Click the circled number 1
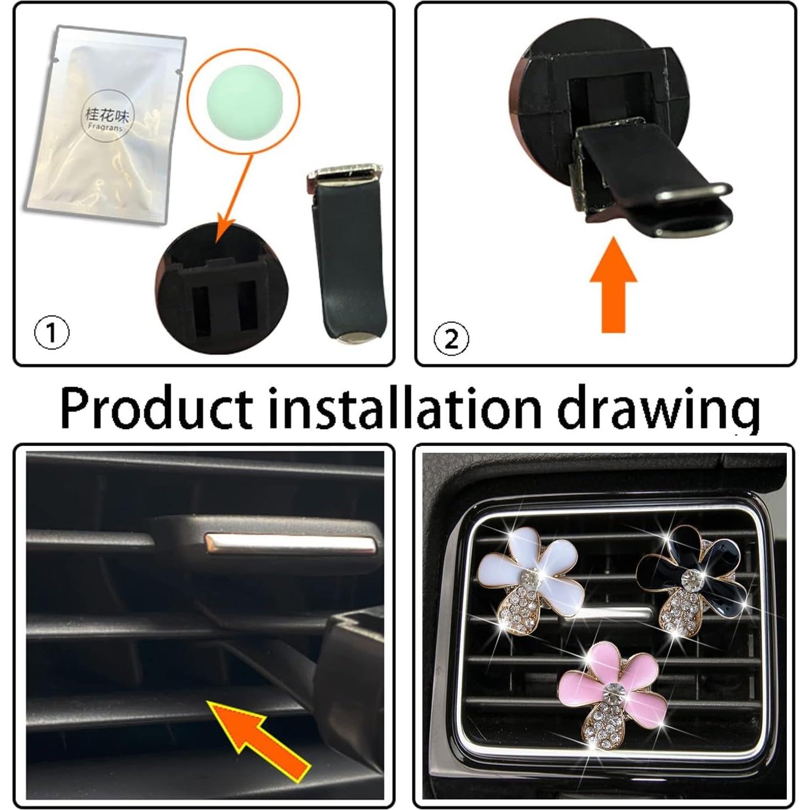52,333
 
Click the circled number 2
451,339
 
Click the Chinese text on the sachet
107,115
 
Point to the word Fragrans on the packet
105,127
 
